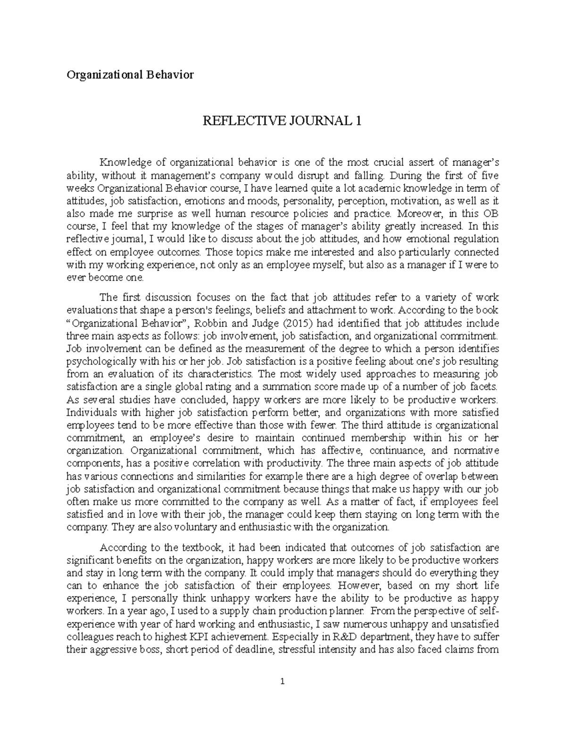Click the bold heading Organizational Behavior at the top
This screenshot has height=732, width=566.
(130, 74)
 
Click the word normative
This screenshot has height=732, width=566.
(475, 451)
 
